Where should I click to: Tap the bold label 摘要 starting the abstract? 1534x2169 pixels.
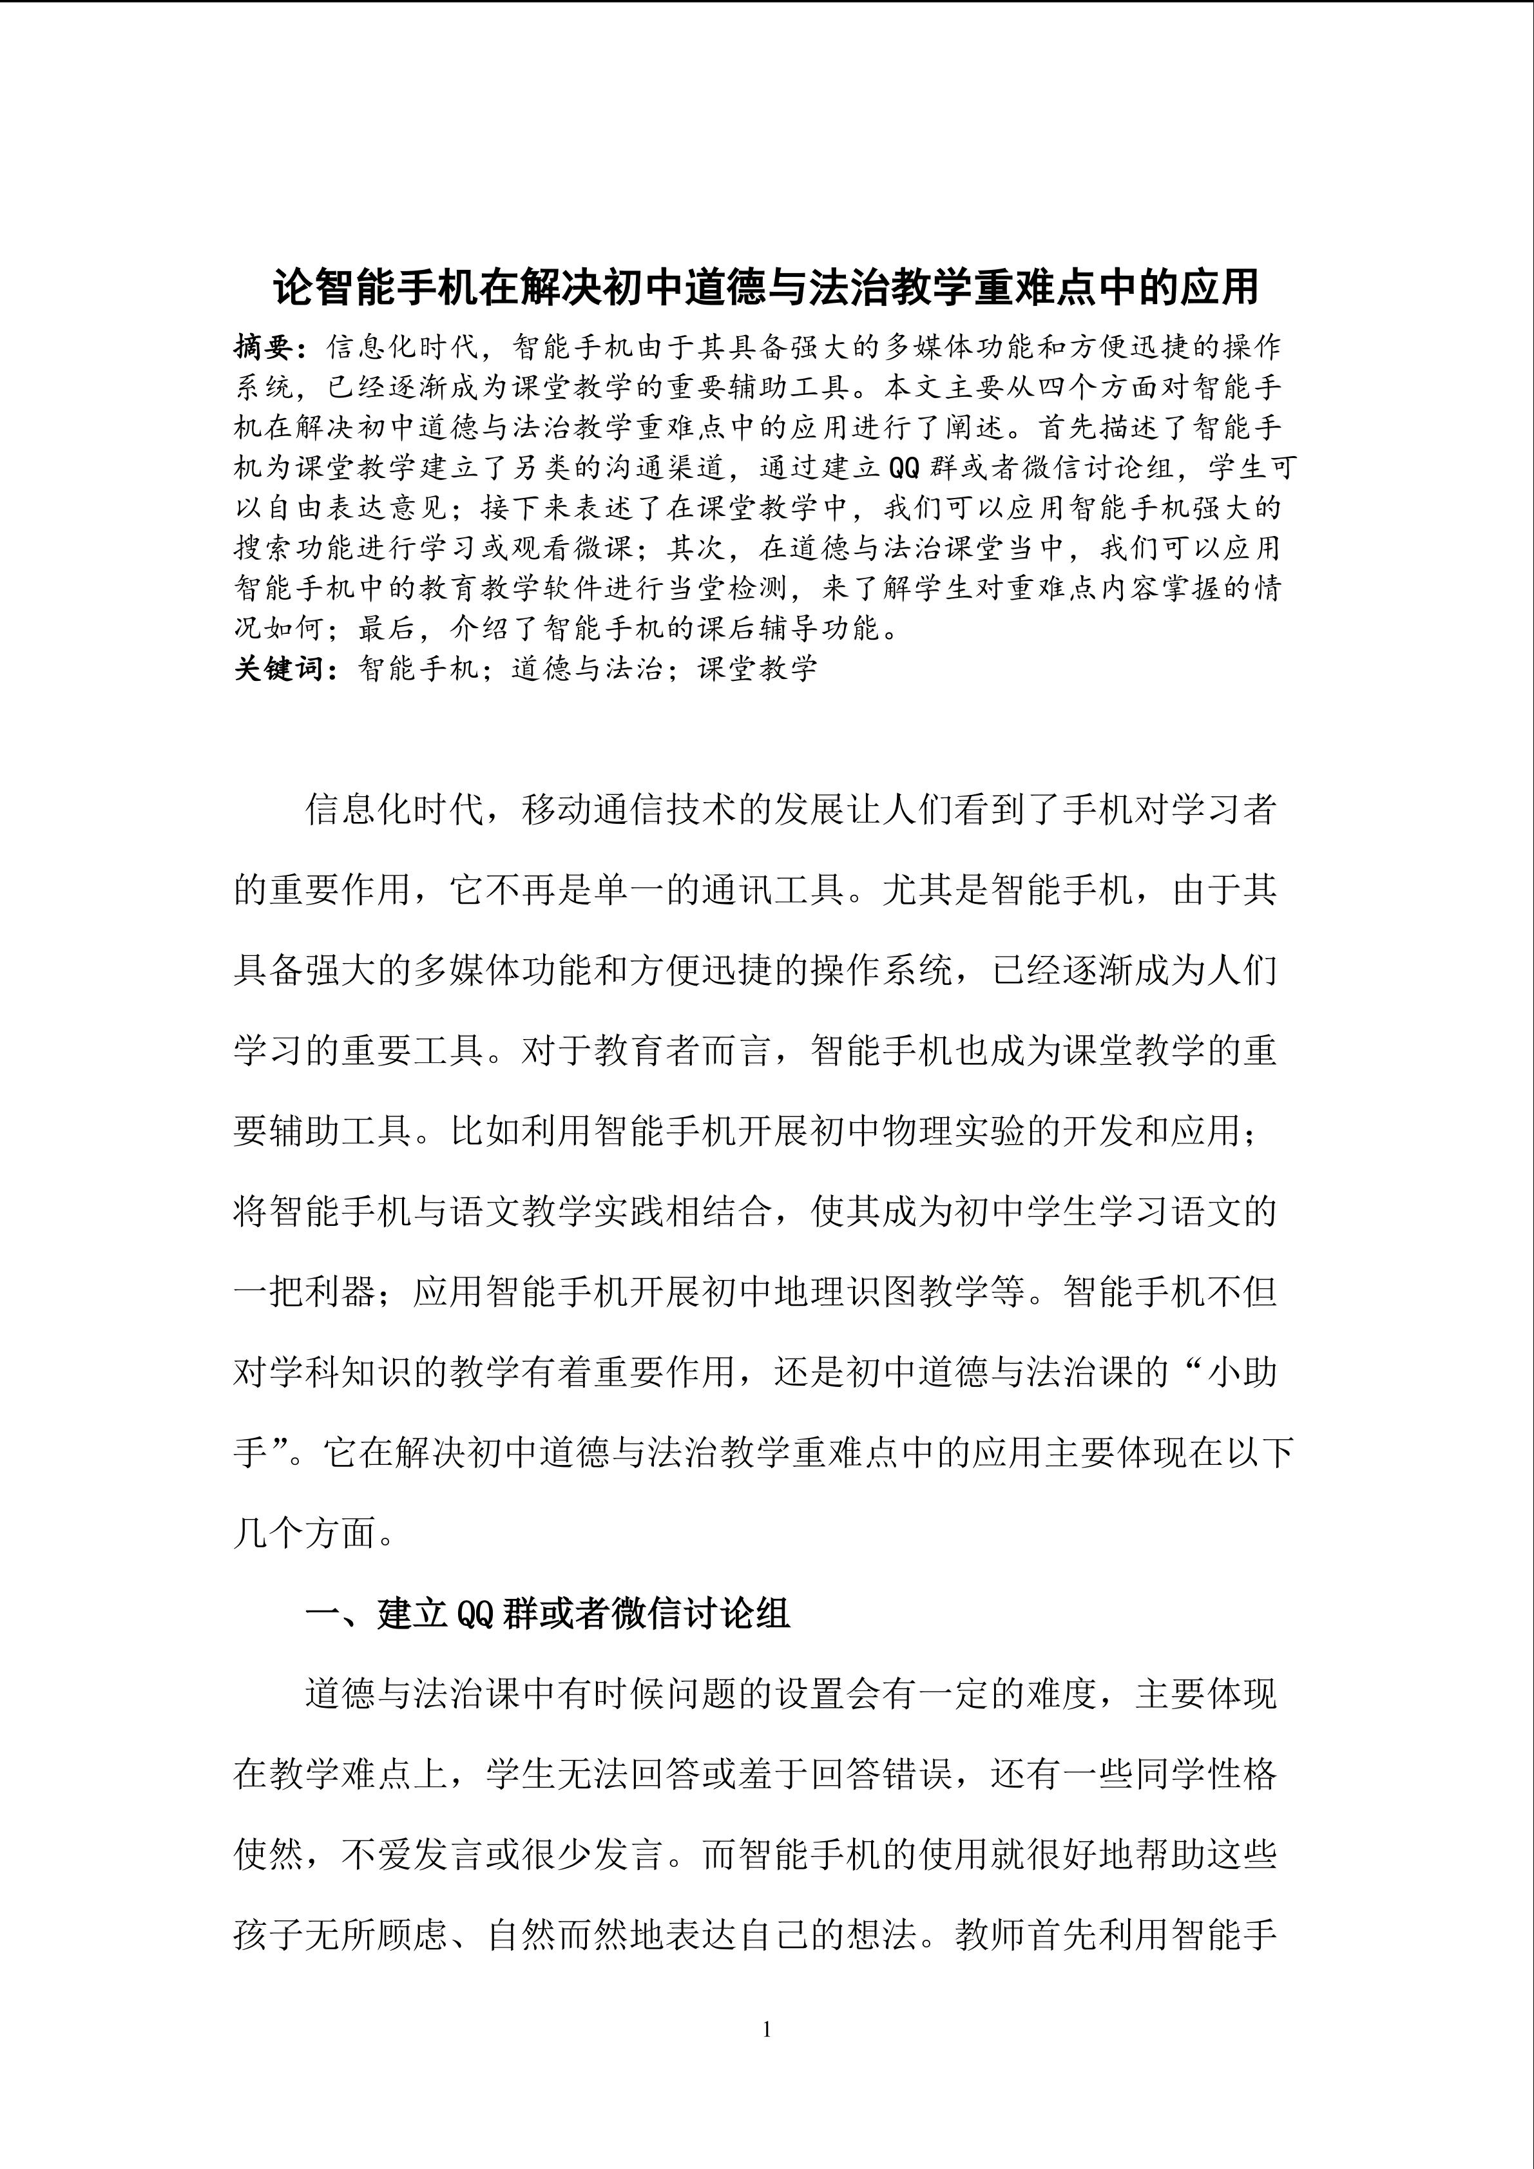(265, 348)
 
